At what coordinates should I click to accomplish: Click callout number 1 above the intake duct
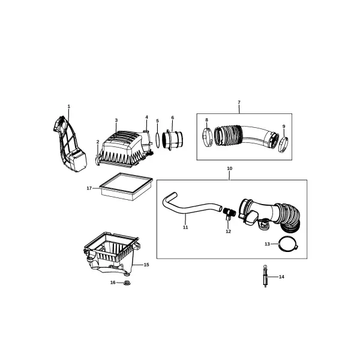68,106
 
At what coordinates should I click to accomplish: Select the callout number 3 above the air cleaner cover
116,121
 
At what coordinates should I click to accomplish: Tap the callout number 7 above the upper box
239,102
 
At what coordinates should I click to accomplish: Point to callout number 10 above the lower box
230,168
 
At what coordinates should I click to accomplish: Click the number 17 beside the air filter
89,188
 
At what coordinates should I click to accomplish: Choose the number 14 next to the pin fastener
281,277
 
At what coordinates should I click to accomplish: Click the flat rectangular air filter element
126,186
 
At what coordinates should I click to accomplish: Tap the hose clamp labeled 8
207,138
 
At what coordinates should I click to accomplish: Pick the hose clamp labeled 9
284,144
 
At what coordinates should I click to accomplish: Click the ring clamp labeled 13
288,244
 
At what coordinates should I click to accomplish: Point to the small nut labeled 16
127,283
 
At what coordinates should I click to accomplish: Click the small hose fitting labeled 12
229,213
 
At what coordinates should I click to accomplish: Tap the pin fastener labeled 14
265,276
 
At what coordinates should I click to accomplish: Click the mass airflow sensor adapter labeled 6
172,140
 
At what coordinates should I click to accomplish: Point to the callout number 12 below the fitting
228,232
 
